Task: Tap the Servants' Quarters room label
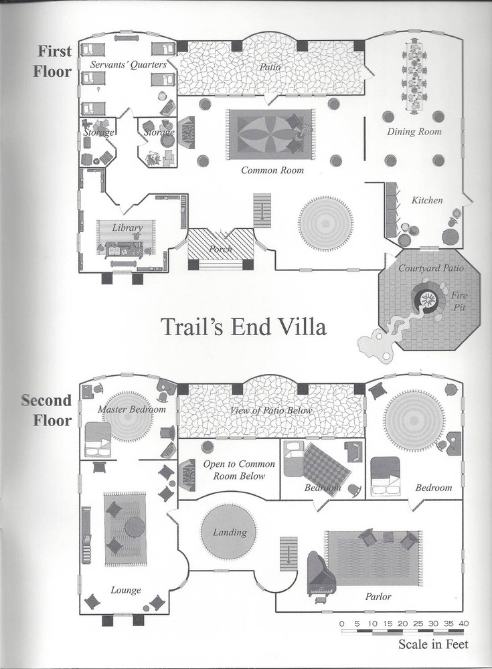(x=128, y=65)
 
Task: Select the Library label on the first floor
(x=127, y=228)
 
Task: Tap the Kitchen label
(x=426, y=200)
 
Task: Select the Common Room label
(x=272, y=171)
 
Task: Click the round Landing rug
(x=230, y=533)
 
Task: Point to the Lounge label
(x=126, y=590)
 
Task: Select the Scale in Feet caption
(x=432, y=645)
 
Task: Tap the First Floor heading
(x=54, y=62)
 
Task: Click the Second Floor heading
(x=46, y=411)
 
